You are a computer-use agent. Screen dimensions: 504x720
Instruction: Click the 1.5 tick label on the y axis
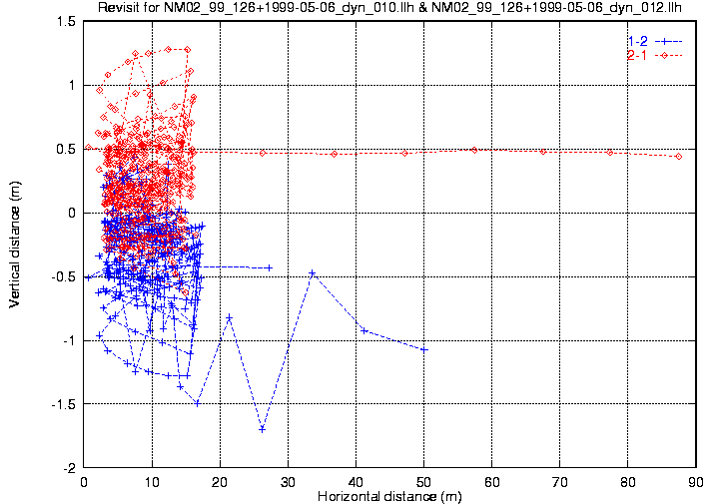point(67,21)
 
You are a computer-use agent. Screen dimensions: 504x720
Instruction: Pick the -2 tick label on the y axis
point(71,467)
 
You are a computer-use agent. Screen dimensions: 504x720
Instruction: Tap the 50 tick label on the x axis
point(423,481)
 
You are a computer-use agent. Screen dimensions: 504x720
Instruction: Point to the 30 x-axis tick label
point(288,481)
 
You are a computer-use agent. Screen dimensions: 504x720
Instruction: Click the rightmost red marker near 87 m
point(678,156)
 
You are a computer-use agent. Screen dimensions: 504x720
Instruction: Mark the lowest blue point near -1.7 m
point(262,429)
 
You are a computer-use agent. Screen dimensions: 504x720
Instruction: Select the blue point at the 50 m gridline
point(424,349)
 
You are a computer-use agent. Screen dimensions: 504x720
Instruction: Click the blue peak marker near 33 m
point(312,272)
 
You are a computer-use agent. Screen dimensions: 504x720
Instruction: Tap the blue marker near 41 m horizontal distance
point(364,330)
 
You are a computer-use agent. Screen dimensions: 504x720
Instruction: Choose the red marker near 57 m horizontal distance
point(473,150)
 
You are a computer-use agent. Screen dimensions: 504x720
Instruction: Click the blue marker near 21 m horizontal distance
point(230,317)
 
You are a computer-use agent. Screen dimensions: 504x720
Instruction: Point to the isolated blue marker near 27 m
point(270,267)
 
